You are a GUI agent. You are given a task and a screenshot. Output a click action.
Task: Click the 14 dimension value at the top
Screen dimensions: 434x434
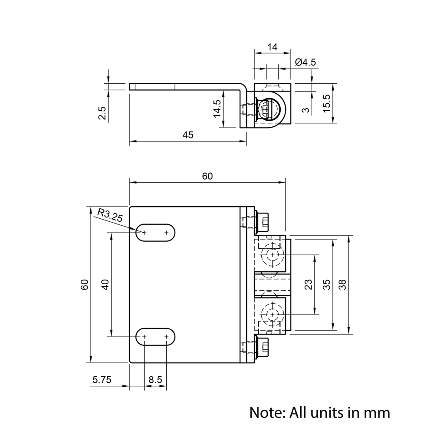pos(272,47)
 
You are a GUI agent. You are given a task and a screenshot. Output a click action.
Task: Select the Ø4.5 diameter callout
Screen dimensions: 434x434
pos(305,62)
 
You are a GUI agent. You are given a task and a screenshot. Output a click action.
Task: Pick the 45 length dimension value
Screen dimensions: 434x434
pos(187,135)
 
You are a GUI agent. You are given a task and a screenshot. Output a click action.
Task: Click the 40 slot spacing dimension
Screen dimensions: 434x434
pos(105,285)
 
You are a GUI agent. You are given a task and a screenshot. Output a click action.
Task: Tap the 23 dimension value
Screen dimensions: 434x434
pos(309,285)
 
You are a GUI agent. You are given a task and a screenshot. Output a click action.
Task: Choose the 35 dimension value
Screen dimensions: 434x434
pos(327,285)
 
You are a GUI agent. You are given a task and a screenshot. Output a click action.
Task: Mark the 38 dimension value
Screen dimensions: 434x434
pos(342,285)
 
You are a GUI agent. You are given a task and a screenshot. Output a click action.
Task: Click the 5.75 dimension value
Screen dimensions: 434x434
pos(102,380)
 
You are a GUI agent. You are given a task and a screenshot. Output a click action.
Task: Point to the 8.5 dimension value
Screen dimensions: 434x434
pos(155,380)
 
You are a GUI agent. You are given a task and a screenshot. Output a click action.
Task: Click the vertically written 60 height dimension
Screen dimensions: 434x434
pos(85,285)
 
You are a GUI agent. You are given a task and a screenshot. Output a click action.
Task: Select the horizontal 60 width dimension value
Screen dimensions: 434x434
pos(207,176)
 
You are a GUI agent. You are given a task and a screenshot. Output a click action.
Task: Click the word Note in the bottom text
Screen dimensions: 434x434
pos(265,412)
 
